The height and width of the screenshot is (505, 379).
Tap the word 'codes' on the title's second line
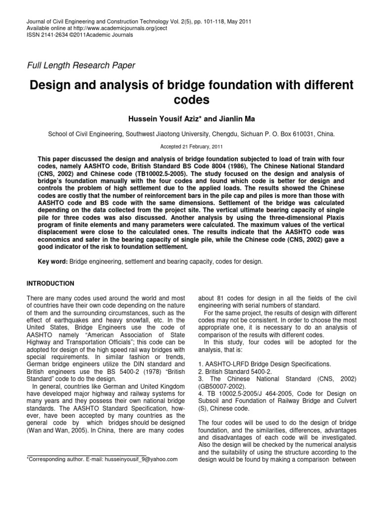[x=189, y=101]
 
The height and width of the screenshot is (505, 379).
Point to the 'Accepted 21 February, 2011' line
[x=189, y=146]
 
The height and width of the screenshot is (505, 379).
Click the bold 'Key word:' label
[x=53, y=263]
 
